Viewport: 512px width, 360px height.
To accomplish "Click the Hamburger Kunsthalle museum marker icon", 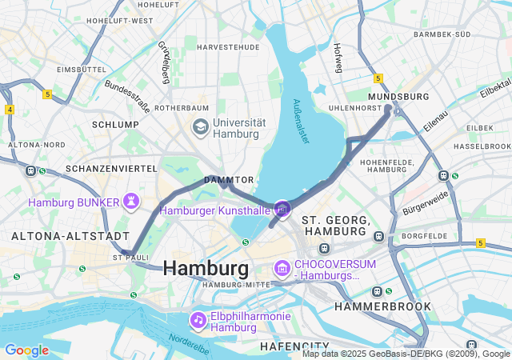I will pos(282,209).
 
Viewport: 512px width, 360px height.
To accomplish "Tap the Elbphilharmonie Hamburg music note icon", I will pos(198,319).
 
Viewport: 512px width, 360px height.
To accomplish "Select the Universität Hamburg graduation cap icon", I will pos(199,127).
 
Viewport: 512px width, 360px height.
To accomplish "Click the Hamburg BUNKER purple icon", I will pos(130,202).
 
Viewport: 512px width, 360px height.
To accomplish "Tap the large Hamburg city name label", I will pos(206,268).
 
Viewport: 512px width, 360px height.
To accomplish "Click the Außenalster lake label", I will pos(300,121).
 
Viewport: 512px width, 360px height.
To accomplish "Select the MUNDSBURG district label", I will pos(398,96).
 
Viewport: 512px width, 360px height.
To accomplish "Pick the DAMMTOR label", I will pos(229,180).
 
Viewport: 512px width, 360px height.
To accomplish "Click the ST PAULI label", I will pos(132,258).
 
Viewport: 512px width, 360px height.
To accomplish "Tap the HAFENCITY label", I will pos(295,346).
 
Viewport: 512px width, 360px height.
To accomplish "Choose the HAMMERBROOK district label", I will pos(382,306).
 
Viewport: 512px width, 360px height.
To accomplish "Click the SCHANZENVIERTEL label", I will pos(111,169).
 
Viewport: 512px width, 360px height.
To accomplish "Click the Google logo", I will pos(26,350).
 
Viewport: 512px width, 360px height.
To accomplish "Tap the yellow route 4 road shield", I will pos(9,109).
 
